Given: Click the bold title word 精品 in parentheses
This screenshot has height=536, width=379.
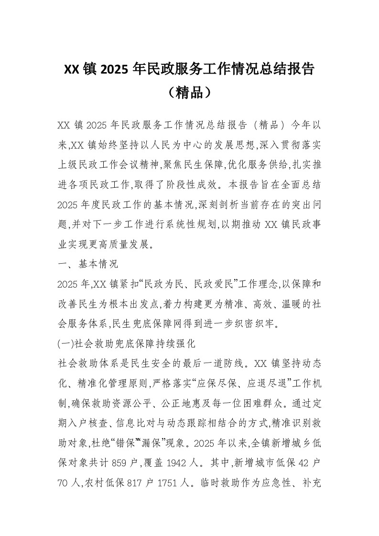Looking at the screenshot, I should point(189,92).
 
